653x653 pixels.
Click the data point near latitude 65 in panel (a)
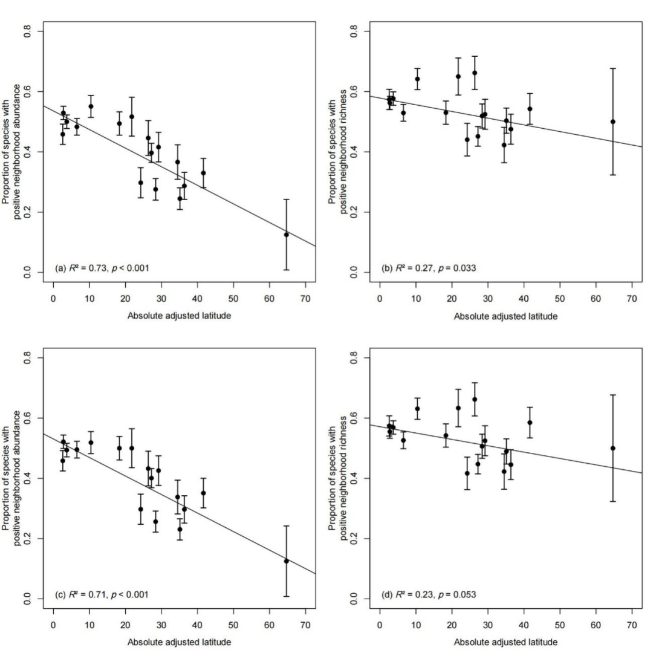coord(286,235)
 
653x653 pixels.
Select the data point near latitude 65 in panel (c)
coord(286,561)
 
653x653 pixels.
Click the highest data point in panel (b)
coord(475,73)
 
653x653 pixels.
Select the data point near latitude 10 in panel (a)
coord(91,106)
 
